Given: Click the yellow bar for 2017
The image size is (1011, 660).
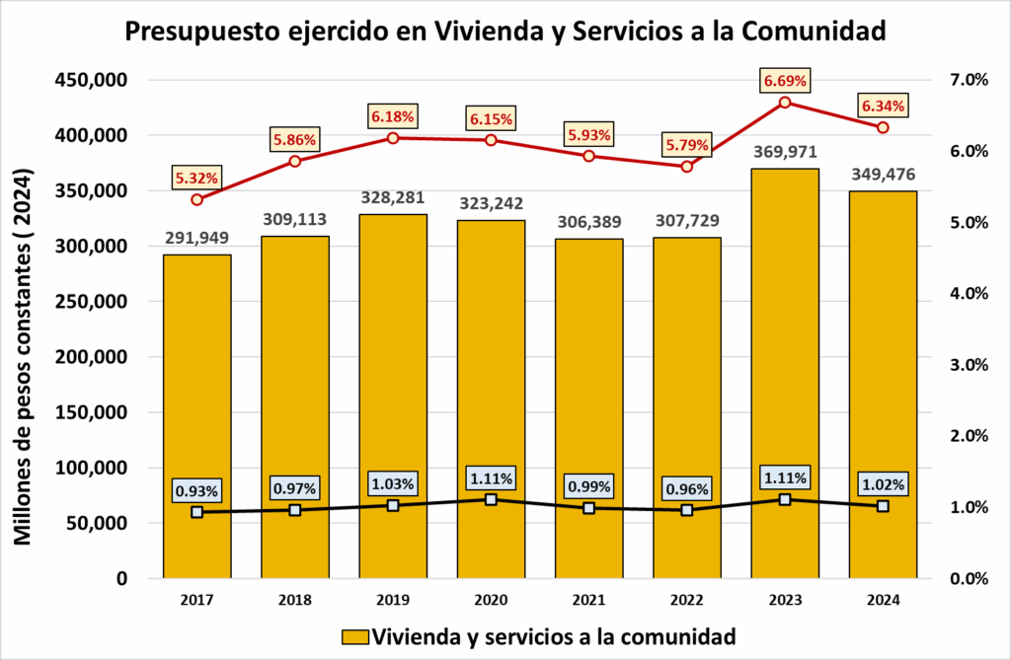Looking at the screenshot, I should [x=196, y=414].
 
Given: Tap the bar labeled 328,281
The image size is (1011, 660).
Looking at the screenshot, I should [x=393, y=395].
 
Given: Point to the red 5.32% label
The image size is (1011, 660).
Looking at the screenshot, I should [x=197, y=179].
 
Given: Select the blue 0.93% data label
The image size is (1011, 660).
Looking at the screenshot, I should [x=197, y=490].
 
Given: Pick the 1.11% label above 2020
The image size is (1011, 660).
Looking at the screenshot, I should [x=491, y=478].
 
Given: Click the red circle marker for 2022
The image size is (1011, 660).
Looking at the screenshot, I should [x=687, y=166].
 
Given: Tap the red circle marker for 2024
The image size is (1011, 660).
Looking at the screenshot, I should [x=883, y=127].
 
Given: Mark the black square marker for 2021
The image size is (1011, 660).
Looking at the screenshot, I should [x=589, y=508].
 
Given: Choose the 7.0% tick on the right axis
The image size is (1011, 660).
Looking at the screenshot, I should [x=969, y=80].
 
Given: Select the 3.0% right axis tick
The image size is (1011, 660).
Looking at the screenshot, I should [x=969, y=365].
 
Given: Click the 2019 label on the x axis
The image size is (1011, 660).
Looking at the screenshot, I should [x=393, y=600].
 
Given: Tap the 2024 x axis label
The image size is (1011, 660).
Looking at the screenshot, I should [x=883, y=600].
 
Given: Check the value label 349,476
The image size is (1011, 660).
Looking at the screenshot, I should [x=883, y=176].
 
